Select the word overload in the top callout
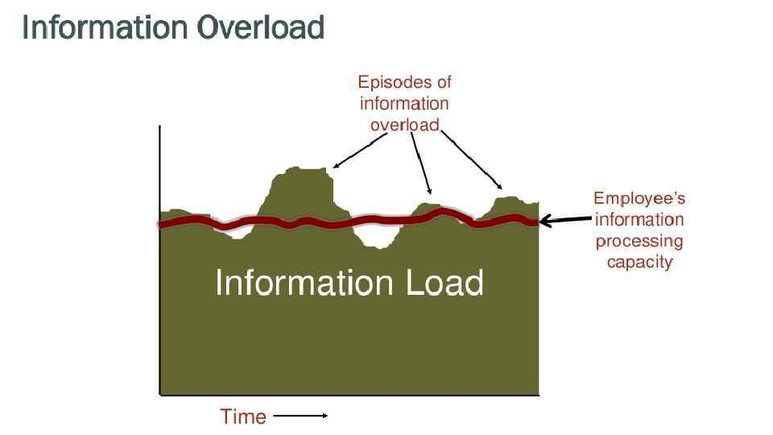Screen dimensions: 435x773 pos(404,124)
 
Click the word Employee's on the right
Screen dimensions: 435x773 pos(639,198)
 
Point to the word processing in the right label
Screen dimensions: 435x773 pos(639,241)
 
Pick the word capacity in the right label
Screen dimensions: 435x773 pos(639,262)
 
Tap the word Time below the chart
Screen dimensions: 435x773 pos(242,416)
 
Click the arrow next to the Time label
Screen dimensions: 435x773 pos(300,416)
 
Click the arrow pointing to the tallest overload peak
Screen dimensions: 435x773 pos(358,152)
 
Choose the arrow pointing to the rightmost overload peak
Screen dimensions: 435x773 pos(475,162)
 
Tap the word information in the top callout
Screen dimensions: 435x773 pos(404,103)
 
